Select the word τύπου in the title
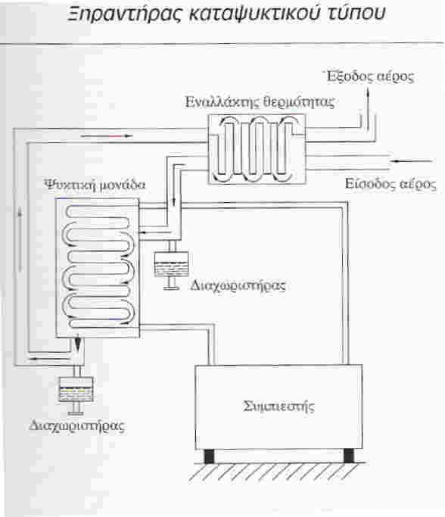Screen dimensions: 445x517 [x=356, y=14]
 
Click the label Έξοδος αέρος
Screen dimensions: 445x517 [x=370, y=76]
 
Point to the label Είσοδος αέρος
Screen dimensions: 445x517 [x=391, y=183]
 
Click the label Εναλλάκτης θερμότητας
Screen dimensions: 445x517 [x=260, y=102]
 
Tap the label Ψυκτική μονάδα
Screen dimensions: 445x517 [x=95, y=184]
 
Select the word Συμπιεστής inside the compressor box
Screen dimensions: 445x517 [x=279, y=406]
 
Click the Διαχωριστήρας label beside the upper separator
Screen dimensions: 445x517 [x=238, y=285]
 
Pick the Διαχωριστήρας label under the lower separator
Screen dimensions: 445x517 [x=76, y=425]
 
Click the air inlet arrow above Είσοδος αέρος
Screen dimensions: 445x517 [x=410, y=161]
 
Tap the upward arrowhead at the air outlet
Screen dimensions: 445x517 [x=369, y=92]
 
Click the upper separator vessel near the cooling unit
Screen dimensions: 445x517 [x=171, y=263]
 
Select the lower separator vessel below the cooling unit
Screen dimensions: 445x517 [x=76, y=389]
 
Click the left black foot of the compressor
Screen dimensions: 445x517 [x=209, y=456]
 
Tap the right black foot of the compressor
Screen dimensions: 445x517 [x=349, y=456]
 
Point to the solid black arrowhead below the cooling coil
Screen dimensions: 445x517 [x=78, y=344]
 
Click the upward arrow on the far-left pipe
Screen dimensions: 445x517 [x=20, y=241]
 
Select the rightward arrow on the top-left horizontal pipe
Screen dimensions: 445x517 [x=107, y=135]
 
